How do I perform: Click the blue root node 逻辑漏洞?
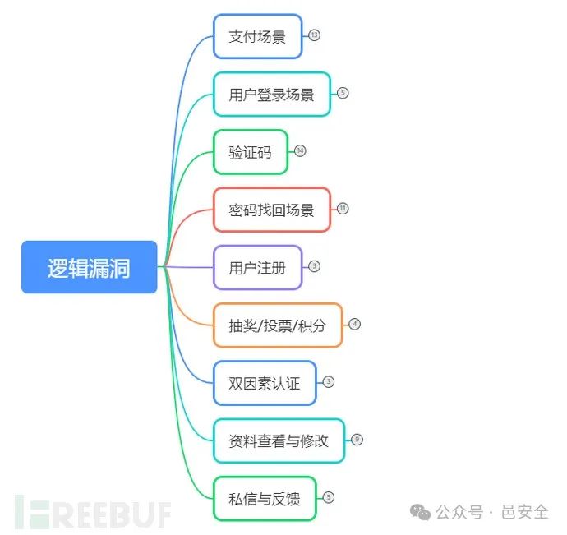tap(89, 267)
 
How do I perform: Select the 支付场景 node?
tap(258, 36)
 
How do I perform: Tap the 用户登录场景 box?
tap(272, 94)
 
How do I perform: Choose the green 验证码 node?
tap(251, 152)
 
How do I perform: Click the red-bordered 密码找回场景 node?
tap(272, 210)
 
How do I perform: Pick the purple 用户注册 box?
tap(258, 267)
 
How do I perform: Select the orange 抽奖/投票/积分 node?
tap(278, 325)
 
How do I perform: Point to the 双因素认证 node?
tap(265, 383)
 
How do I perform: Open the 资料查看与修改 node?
tap(279, 440)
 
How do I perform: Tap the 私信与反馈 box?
tap(265, 498)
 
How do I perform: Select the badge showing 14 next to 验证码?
tap(300, 151)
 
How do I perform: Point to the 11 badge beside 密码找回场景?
tap(343, 209)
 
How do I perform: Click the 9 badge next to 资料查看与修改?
tap(357, 440)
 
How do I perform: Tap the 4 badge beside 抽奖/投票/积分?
tap(355, 324)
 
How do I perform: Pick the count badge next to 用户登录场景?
tap(343, 93)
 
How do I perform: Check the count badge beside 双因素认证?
tap(329, 382)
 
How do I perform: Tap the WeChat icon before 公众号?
tap(421, 512)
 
